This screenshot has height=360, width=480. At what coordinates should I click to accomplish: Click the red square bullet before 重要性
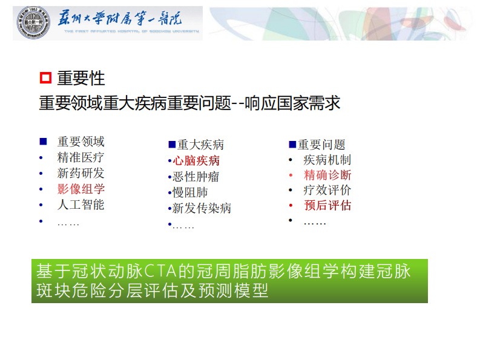point(45,78)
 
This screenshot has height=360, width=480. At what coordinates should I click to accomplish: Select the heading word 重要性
point(81,78)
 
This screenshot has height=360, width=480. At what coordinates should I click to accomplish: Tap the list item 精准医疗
point(81,157)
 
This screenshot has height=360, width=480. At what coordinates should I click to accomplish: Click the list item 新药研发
point(81,173)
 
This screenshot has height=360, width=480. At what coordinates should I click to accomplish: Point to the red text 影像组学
point(81,189)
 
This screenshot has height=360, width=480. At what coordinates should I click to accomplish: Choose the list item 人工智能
point(81,205)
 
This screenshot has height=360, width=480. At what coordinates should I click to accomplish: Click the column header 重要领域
point(81,142)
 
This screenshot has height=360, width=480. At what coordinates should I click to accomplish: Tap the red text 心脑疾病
point(196,161)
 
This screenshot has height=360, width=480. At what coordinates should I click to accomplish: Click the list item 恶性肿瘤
point(196,177)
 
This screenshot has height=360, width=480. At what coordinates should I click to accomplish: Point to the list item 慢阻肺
point(189,192)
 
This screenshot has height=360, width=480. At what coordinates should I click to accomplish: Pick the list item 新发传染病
point(202,208)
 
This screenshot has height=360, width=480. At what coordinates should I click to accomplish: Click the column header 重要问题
point(321,145)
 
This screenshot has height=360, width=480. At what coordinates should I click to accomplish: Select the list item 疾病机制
point(327,160)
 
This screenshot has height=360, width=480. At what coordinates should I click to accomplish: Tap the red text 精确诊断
point(327,175)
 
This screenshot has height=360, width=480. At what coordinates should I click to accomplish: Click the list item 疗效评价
point(327,190)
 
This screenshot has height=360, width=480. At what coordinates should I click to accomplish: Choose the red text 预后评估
point(327,205)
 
